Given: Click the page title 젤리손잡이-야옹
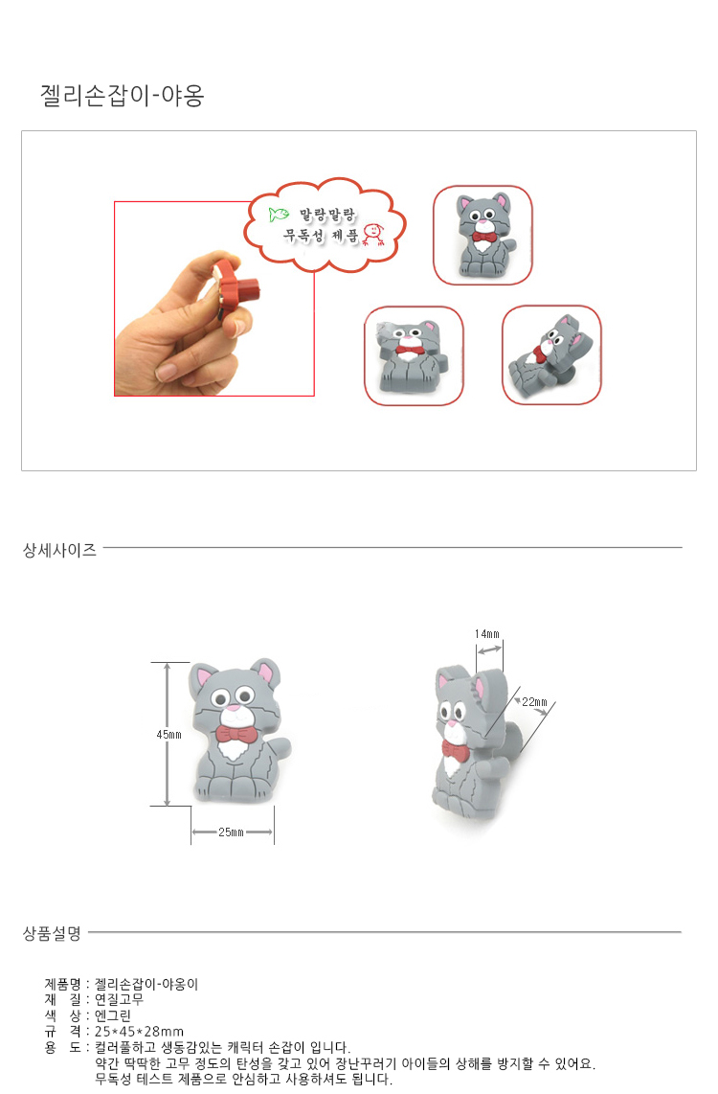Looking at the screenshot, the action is coord(122,95).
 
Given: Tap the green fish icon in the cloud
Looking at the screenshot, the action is coord(279,215).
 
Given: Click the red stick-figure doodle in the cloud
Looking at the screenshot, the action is coord(373,235).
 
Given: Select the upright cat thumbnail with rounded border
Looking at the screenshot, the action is coord(482,235).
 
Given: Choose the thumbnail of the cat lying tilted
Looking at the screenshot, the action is coord(551,355).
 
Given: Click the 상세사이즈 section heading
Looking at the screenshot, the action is coord(60,550).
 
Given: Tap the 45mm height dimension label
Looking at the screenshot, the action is coord(168,735).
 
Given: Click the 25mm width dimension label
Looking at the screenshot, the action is coord(231,832).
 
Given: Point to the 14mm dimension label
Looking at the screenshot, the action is coord(487,634).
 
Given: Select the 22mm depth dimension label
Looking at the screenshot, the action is coord(534,702).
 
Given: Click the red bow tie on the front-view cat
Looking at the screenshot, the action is coord(236,735).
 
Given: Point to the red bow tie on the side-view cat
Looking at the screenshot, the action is coord(455,751).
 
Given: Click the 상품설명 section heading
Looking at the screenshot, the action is coord(53,933).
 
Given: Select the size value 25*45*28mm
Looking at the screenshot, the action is coord(140,1031).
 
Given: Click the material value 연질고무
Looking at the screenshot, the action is coord(120,999).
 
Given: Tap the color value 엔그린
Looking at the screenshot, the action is coord(113,1015).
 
